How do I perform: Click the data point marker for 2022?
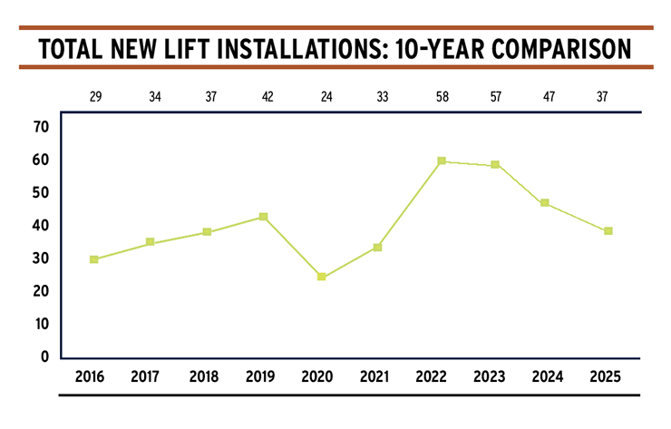coord(442,161)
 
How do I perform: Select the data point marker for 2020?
coord(322,277)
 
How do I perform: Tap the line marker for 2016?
coord(93,259)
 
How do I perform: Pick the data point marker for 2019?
coord(263,217)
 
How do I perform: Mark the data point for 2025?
coord(608,231)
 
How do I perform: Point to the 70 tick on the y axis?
coord(39,127)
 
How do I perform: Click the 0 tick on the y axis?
coord(43,356)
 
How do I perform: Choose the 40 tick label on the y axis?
coord(39,226)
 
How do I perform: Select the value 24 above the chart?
coord(320,93)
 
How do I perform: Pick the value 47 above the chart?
coord(549,93)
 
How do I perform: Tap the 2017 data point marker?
coord(150,243)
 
